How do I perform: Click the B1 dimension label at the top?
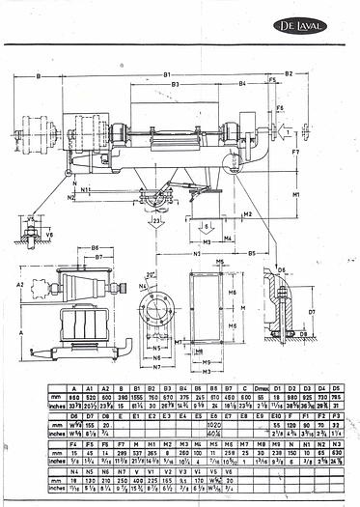click(166, 73)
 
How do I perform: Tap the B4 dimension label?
click(241, 85)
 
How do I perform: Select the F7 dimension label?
click(295, 153)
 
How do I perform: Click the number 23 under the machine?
click(155, 220)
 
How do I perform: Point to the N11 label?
click(86, 190)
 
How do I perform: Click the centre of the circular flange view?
click(154, 311)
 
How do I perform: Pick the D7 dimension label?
click(338, 312)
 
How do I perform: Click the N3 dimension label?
click(196, 252)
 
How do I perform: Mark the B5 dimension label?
click(250, 252)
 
